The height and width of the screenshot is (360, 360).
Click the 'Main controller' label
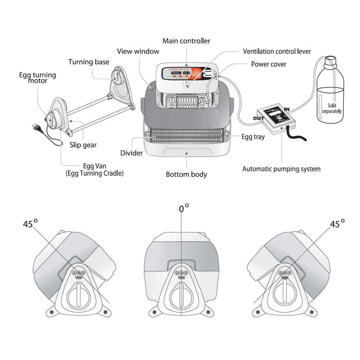coord(186,41)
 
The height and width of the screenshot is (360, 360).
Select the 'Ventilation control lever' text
coord(277,52)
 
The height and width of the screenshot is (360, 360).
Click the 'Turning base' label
coord(89,62)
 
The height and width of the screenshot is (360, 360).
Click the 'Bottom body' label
coord(186,174)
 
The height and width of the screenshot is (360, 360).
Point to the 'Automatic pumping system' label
coord(281,169)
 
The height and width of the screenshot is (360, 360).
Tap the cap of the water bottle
coord(331,60)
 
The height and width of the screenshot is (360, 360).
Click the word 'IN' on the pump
coord(288,108)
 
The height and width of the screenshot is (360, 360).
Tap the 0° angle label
coord(184,208)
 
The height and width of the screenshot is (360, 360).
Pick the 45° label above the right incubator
coord(337,224)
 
